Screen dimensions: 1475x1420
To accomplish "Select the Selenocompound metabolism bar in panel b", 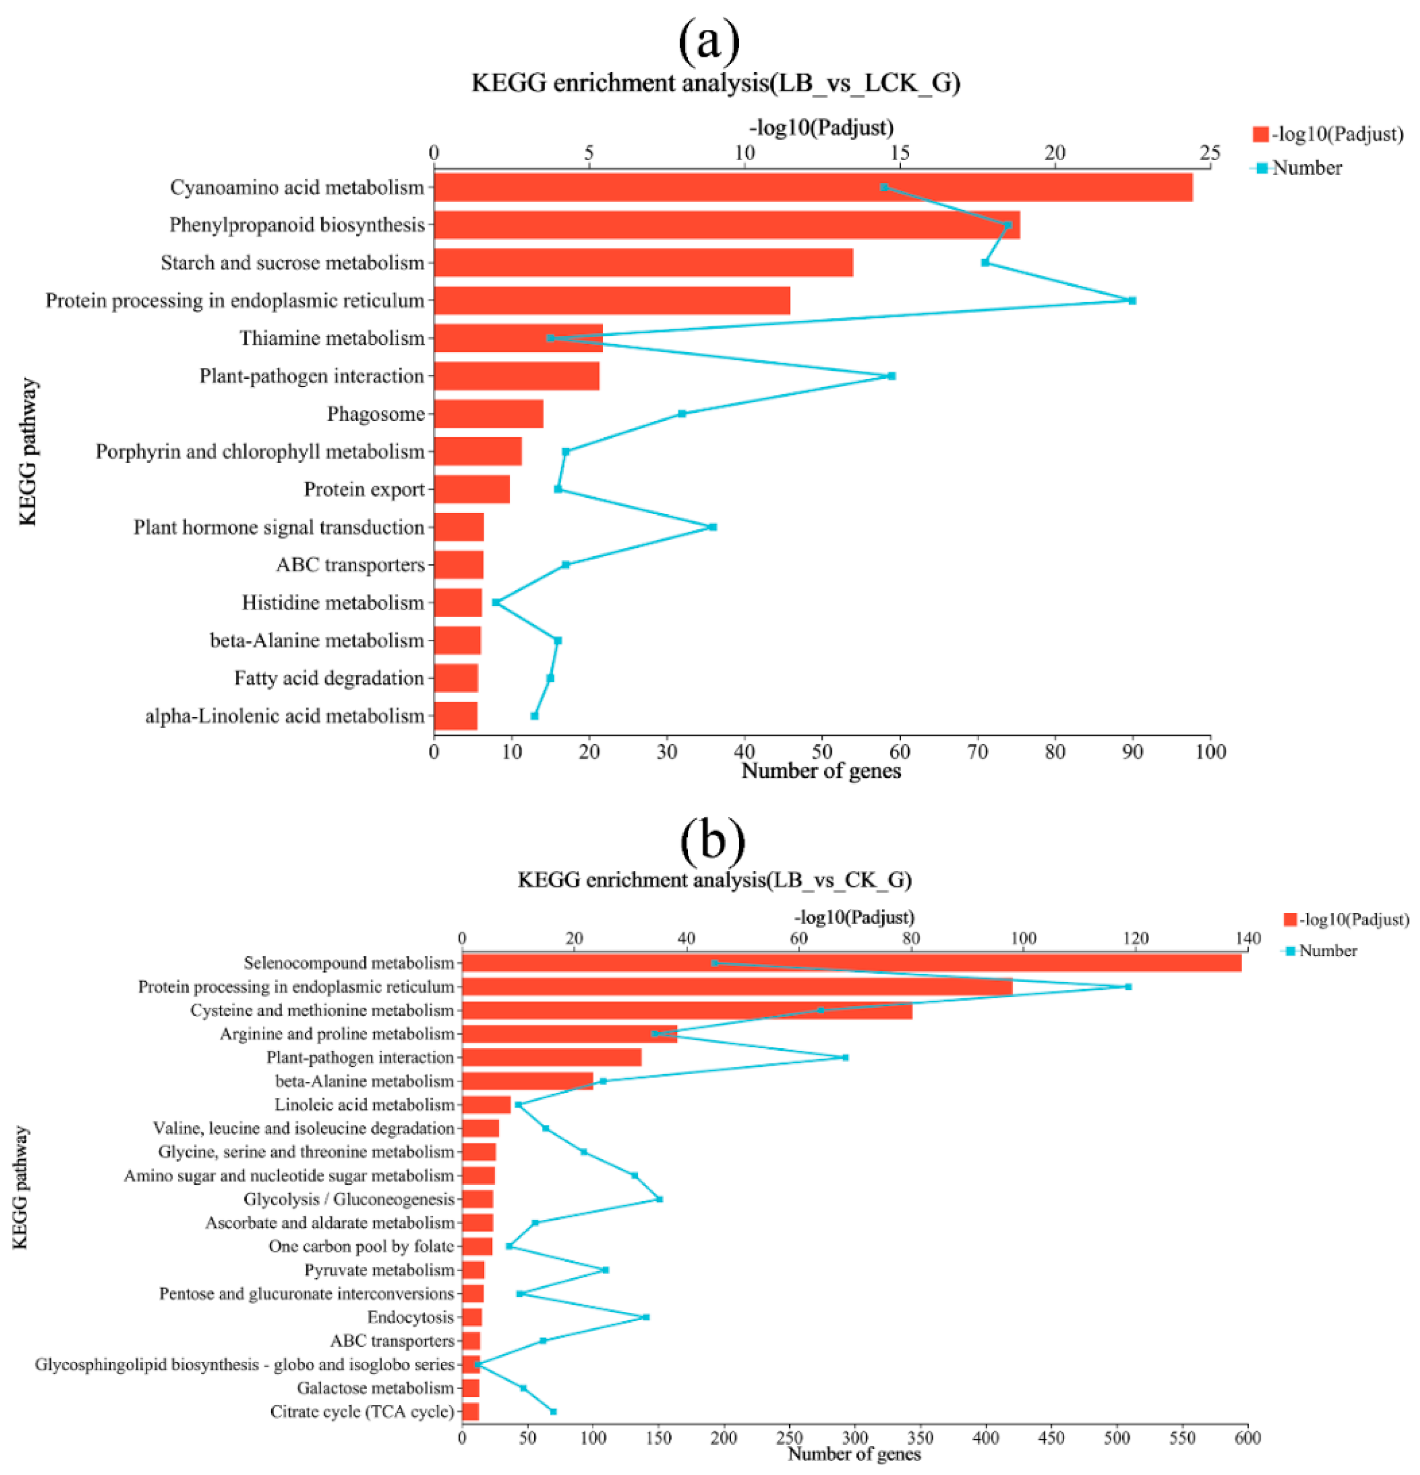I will pos(850,963).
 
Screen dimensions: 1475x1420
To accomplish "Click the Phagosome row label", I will pos(376,414).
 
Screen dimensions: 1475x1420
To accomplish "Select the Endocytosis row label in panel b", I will pos(410,1317).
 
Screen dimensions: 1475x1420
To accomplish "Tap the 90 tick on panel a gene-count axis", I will pos(1132,752).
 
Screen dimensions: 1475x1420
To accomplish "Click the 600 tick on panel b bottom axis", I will pos(1248,1438).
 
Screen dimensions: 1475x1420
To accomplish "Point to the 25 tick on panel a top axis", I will pos(1210,153).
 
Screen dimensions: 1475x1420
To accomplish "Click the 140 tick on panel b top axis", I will pos(1248,938).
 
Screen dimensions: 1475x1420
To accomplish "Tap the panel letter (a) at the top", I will pos(709,42).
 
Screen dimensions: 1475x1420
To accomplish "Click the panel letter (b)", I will pos(711,841).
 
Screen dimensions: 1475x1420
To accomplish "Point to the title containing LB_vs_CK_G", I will pos(714,880).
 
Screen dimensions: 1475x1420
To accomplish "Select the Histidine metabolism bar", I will pos(458,603).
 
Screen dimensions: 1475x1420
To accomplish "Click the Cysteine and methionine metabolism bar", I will pos(686,1010).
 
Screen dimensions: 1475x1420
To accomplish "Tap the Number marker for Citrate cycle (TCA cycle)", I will pos(553,1412).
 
